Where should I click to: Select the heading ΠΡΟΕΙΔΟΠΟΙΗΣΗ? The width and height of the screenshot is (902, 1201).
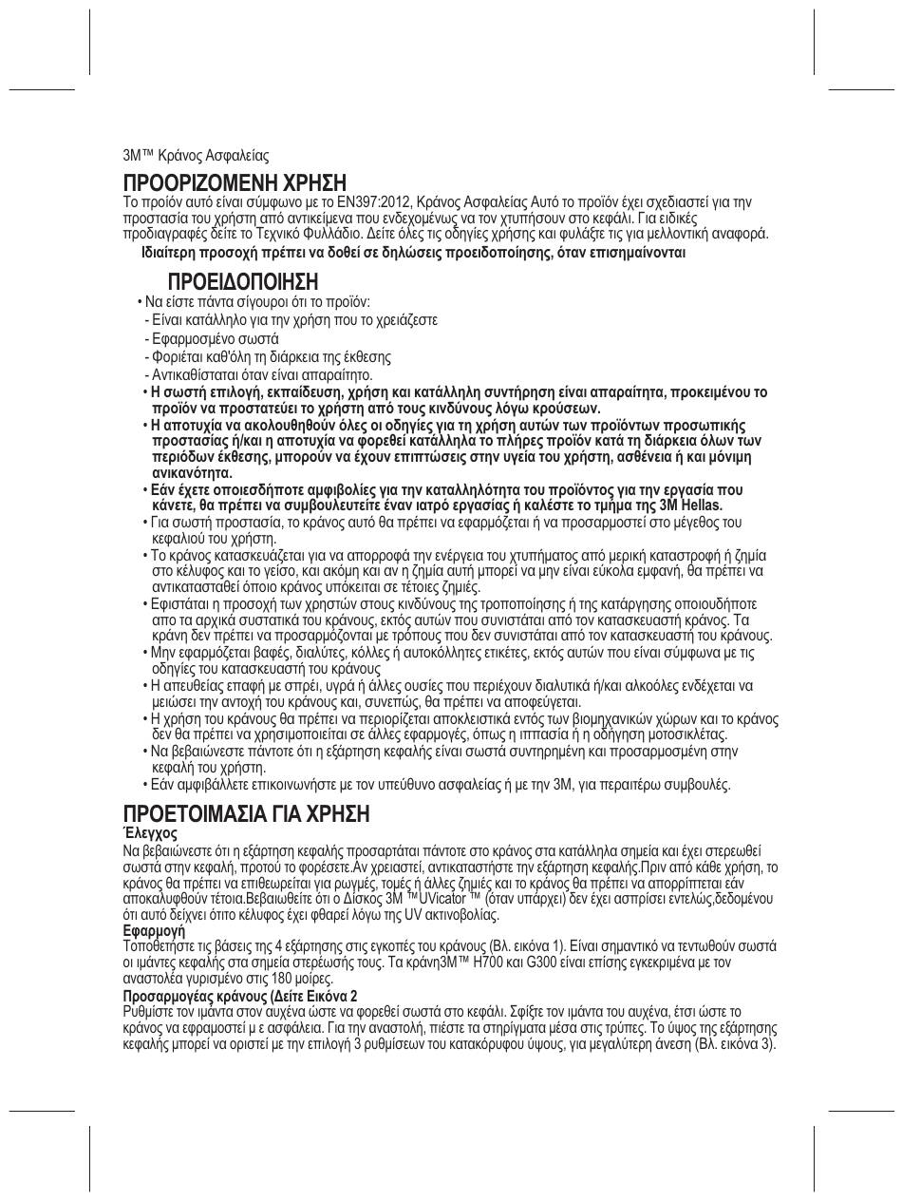click(242, 282)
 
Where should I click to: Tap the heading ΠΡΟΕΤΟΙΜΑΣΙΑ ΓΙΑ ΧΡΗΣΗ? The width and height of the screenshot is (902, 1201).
click(247, 814)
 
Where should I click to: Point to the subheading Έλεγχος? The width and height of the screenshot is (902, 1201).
click(150, 833)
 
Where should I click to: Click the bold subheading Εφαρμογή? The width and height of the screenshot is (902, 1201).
click(154, 931)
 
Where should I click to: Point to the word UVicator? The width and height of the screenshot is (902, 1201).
click(448, 899)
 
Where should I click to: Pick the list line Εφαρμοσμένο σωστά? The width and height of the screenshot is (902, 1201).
click(215, 339)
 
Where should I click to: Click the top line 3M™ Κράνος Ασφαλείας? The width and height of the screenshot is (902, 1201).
click(197, 155)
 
